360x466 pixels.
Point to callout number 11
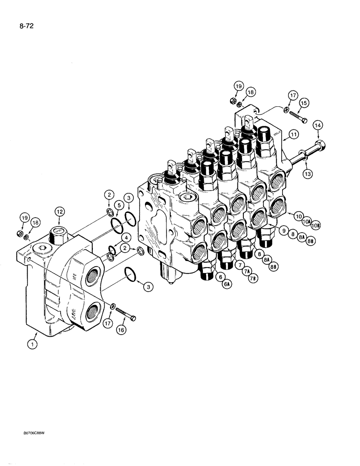[293, 135]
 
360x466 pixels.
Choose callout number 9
[282, 229]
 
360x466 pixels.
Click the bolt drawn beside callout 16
[124, 312]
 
